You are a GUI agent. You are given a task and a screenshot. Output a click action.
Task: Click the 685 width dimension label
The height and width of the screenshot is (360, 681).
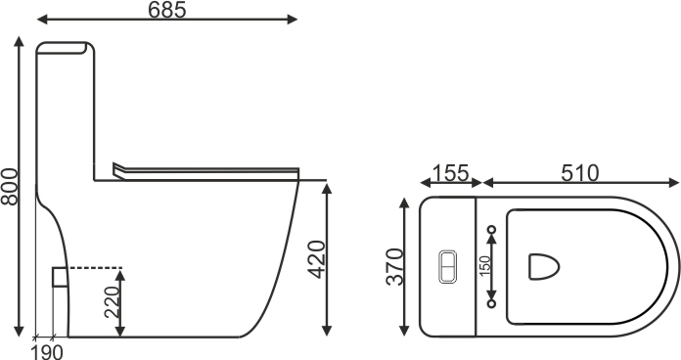click(x=166, y=10)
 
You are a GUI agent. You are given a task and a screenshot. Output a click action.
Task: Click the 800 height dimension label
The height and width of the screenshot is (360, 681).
click(x=10, y=186)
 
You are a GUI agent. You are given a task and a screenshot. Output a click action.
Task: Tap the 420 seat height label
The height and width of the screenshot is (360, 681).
click(x=316, y=259)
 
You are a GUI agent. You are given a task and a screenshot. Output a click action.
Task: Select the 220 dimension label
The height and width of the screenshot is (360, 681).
click(x=112, y=302)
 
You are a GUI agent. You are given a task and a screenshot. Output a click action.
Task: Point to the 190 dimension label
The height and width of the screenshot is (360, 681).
click(x=47, y=352)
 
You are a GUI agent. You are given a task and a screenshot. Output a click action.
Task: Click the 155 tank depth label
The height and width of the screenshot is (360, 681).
click(x=451, y=173)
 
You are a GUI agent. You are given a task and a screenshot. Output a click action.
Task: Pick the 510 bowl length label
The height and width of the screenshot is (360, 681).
click(x=579, y=173)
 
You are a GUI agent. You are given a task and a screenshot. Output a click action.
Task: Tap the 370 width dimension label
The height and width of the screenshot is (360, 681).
click(x=394, y=267)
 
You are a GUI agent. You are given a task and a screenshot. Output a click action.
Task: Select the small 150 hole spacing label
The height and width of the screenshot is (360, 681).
click(x=485, y=266)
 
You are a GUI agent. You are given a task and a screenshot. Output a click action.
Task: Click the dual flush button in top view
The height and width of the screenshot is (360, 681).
click(x=447, y=267)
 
